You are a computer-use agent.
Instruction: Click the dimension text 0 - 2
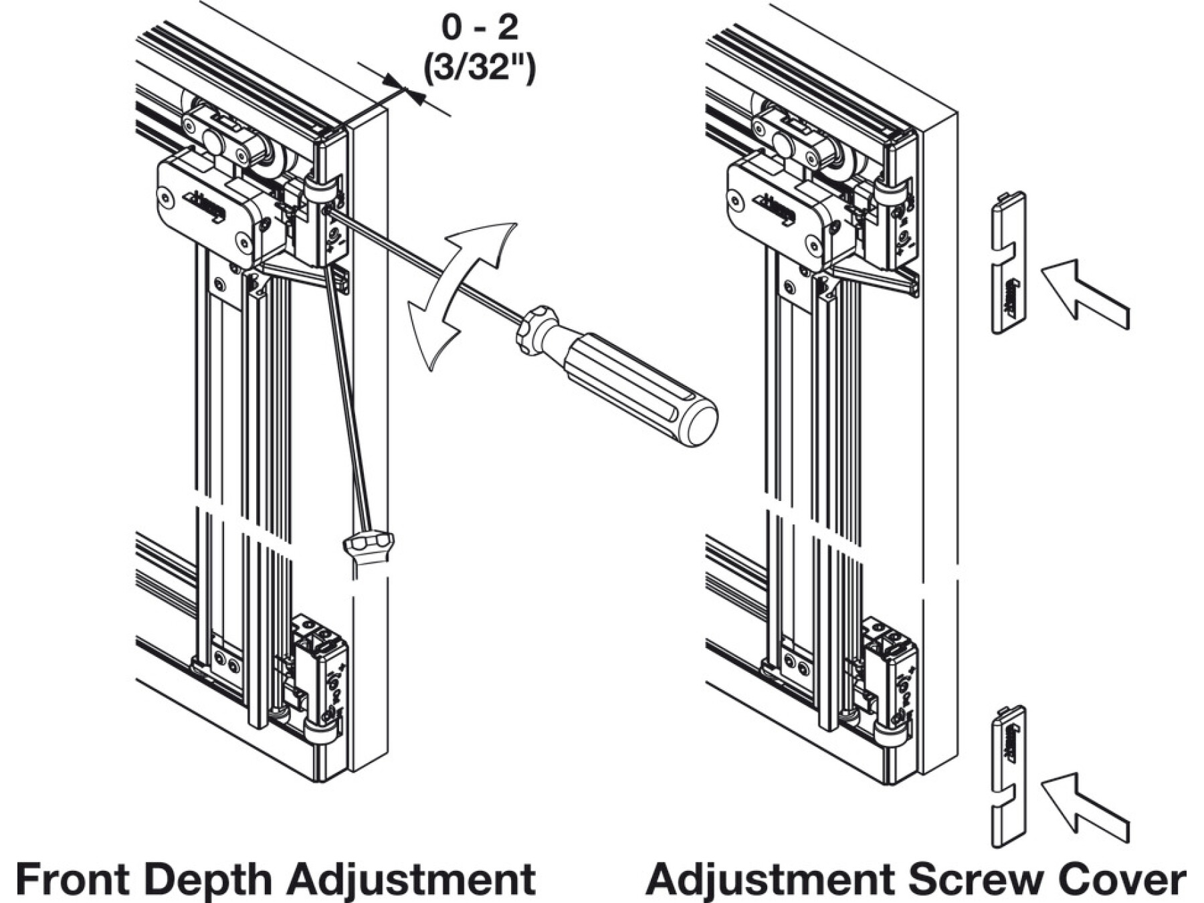point(480,28)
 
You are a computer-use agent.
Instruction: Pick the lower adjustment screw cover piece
point(1007,776)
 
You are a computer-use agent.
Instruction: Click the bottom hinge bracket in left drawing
point(321,682)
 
